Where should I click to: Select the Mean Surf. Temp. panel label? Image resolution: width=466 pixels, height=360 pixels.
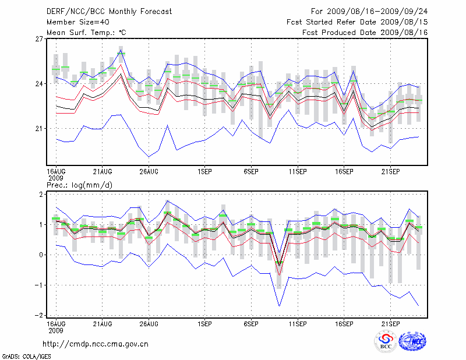(86, 33)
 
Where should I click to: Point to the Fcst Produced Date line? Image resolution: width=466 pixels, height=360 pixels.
(365, 33)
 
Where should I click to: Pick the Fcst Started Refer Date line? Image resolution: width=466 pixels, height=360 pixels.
(357, 22)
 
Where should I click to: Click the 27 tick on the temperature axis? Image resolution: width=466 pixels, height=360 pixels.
(40, 39)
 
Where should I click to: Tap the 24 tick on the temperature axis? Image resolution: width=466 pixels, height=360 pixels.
(40, 84)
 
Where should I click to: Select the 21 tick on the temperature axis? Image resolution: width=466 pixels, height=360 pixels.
(40, 128)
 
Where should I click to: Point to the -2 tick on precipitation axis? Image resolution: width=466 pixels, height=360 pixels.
(39, 315)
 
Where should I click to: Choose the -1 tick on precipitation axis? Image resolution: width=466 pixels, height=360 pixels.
(39, 285)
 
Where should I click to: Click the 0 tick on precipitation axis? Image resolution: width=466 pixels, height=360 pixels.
(41, 255)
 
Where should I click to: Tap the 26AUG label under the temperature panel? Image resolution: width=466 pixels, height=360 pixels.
(149, 171)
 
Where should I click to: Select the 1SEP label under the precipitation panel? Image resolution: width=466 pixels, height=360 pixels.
(204, 323)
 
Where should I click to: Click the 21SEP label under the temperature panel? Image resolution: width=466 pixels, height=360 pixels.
(390, 171)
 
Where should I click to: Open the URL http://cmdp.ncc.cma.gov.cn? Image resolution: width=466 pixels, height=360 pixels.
(96, 344)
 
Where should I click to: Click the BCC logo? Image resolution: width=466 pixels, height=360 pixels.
(386, 341)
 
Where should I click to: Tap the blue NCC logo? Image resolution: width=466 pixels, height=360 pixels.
(412, 341)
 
